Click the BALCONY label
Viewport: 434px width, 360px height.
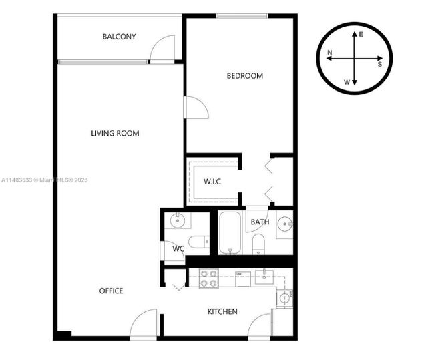(x=119, y=37)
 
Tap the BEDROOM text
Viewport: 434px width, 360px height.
(x=244, y=76)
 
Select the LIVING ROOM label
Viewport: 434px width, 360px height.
(x=115, y=134)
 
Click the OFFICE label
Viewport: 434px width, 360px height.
(x=111, y=291)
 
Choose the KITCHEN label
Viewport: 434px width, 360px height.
(x=222, y=311)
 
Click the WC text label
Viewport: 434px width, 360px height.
(x=178, y=249)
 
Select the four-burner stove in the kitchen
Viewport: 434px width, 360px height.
(x=209, y=278)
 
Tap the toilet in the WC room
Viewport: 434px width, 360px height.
(x=198, y=242)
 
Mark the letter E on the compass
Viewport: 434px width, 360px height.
(x=361, y=34)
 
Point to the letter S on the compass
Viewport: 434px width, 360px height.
(x=380, y=65)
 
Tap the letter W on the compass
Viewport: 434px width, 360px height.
(x=347, y=82)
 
